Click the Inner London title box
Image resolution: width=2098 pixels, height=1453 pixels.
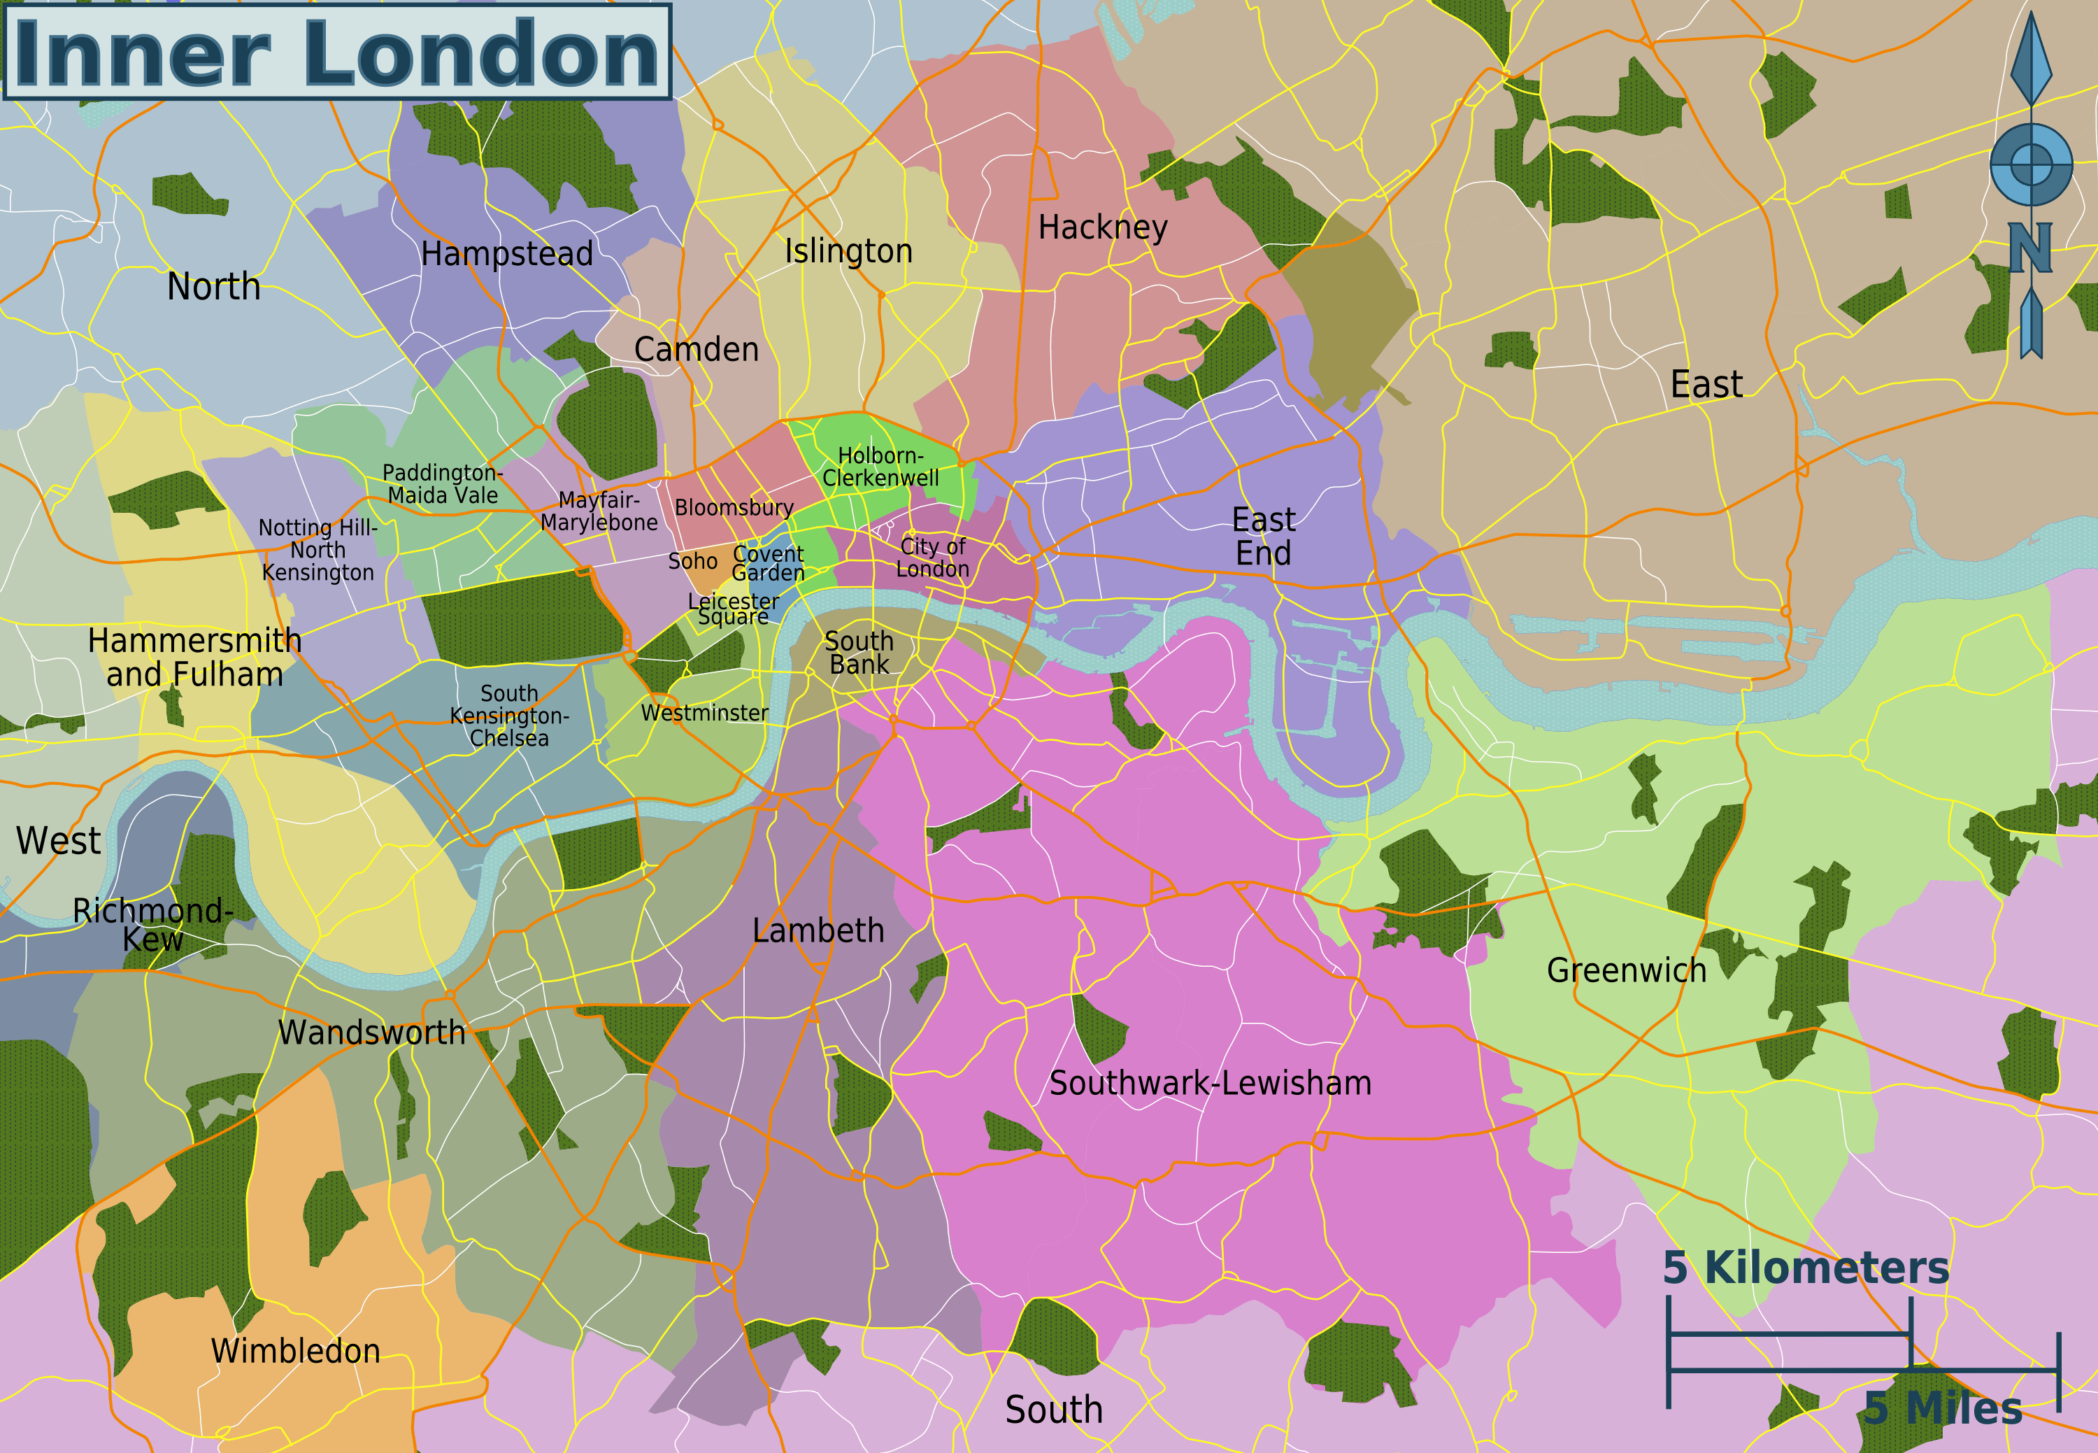click(337, 52)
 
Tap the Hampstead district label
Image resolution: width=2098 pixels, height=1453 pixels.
click(506, 254)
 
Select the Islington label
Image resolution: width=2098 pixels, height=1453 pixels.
click(848, 251)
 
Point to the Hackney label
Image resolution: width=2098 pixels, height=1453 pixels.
click(1102, 227)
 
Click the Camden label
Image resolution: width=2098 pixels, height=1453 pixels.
click(697, 350)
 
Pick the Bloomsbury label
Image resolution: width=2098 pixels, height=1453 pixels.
click(734, 508)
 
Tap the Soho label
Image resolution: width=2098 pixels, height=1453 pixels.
click(692, 562)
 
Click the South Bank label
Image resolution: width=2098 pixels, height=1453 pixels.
click(858, 653)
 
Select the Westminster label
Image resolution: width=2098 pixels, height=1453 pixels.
click(704, 713)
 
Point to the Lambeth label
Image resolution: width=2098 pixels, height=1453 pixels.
click(818, 930)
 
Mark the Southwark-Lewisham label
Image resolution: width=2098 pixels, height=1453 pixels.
click(1210, 1084)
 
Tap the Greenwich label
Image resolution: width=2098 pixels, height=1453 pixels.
click(1626, 970)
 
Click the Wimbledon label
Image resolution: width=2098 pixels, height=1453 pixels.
click(295, 1351)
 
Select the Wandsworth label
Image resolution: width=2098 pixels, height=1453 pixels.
click(371, 1033)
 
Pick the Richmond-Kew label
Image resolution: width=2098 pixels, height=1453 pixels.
click(153, 924)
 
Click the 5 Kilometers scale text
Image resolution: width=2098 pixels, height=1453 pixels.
click(1806, 1268)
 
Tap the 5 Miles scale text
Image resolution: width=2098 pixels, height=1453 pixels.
click(1942, 1408)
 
